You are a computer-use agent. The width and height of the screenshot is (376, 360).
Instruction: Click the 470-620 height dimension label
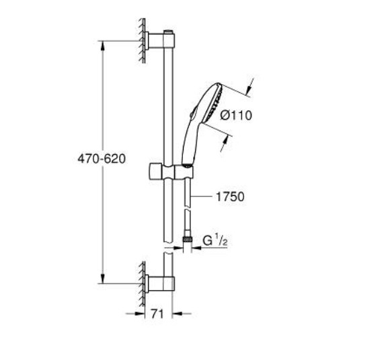(102, 159)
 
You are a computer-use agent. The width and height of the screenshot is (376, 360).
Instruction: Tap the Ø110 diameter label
(236, 115)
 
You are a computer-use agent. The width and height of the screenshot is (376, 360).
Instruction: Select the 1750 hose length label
(230, 196)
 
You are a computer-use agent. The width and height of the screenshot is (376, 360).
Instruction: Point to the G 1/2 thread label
(215, 240)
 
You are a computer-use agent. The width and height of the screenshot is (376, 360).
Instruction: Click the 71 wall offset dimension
(157, 314)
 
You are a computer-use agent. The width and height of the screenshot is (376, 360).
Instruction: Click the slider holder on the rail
(172, 172)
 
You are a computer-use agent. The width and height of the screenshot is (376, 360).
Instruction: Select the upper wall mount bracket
(159, 41)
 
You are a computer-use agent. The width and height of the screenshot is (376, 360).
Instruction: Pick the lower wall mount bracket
(159, 283)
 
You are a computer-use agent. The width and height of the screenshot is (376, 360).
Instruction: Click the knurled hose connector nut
(187, 240)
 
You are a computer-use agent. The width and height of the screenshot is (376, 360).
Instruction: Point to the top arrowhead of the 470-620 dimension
(103, 46)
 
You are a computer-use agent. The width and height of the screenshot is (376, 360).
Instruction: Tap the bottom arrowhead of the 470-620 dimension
(103, 279)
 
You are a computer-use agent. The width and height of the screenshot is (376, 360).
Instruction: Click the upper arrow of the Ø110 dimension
(250, 87)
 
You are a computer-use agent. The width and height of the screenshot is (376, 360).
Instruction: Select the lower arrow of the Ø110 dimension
(223, 144)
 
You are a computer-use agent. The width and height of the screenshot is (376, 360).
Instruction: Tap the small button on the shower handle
(194, 112)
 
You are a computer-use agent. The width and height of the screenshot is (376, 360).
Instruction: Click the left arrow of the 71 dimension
(135, 314)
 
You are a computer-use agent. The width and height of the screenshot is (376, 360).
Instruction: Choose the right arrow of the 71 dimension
(182, 314)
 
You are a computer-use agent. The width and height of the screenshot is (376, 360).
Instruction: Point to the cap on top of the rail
(169, 32)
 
